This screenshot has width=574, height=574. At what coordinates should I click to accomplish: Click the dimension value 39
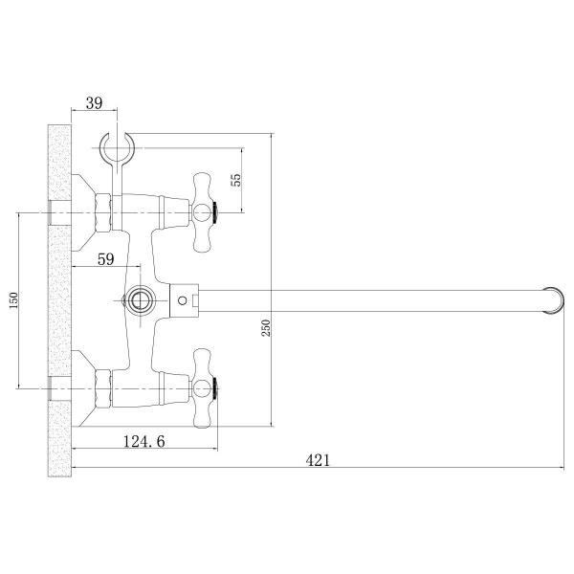coord(94,103)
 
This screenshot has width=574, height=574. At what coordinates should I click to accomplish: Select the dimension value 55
coord(236,180)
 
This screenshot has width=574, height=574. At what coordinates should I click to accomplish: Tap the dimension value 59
coord(106,259)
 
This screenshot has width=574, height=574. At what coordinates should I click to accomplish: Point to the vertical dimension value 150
coord(13,300)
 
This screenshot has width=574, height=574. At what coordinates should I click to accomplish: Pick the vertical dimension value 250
coord(267,328)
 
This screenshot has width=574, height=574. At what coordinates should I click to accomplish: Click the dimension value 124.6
coord(144,441)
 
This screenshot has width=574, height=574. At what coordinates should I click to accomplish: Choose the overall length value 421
coord(318,460)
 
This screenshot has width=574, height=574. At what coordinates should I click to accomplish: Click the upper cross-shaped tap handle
coord(202,212)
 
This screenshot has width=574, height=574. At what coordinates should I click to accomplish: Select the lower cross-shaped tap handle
coord(202,388)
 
